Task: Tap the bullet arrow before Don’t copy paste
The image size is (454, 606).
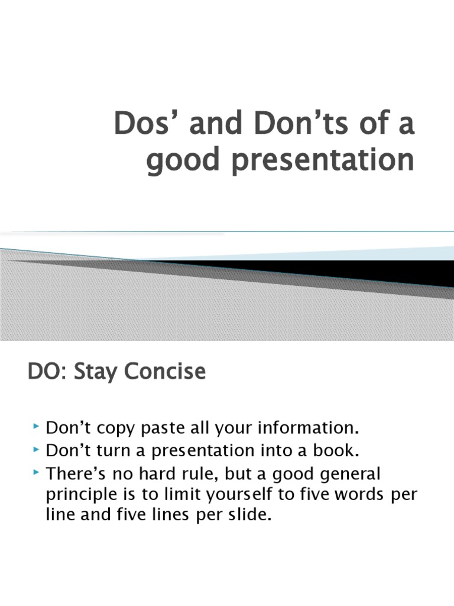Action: pyautogui.click(x=36, y=426)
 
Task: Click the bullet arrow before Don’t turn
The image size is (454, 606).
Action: pyautogui.click(x=36, y=450)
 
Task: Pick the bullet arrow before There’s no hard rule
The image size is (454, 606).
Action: pyautogui.click(x=36, y=474)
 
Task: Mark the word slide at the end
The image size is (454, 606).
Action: pyautogui.click(x=252, y=515)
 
